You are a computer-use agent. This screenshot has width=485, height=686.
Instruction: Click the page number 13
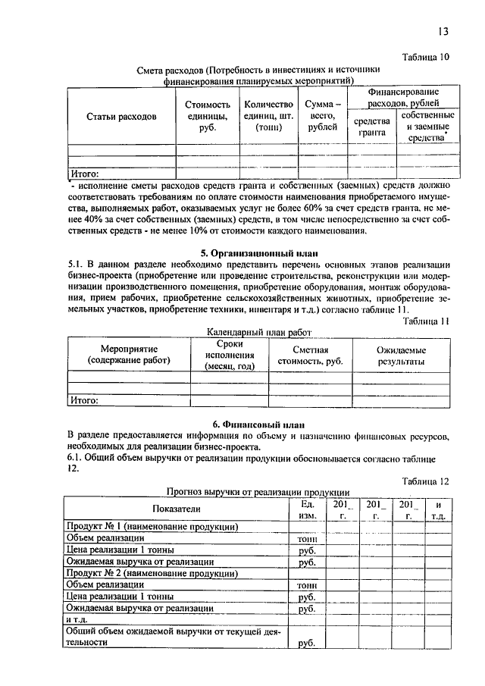pos(443,31)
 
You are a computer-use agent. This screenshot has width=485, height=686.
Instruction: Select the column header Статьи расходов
pos(121,117)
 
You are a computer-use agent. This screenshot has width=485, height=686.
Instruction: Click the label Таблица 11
pos(426,321)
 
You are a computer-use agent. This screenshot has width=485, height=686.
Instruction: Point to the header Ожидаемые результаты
pos(401,356)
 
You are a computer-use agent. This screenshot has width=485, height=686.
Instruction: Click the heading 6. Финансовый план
pos(258,423)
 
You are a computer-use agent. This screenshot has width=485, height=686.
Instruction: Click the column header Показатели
pos(176,509)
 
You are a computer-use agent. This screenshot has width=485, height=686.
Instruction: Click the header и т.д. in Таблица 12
pos(438,509)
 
